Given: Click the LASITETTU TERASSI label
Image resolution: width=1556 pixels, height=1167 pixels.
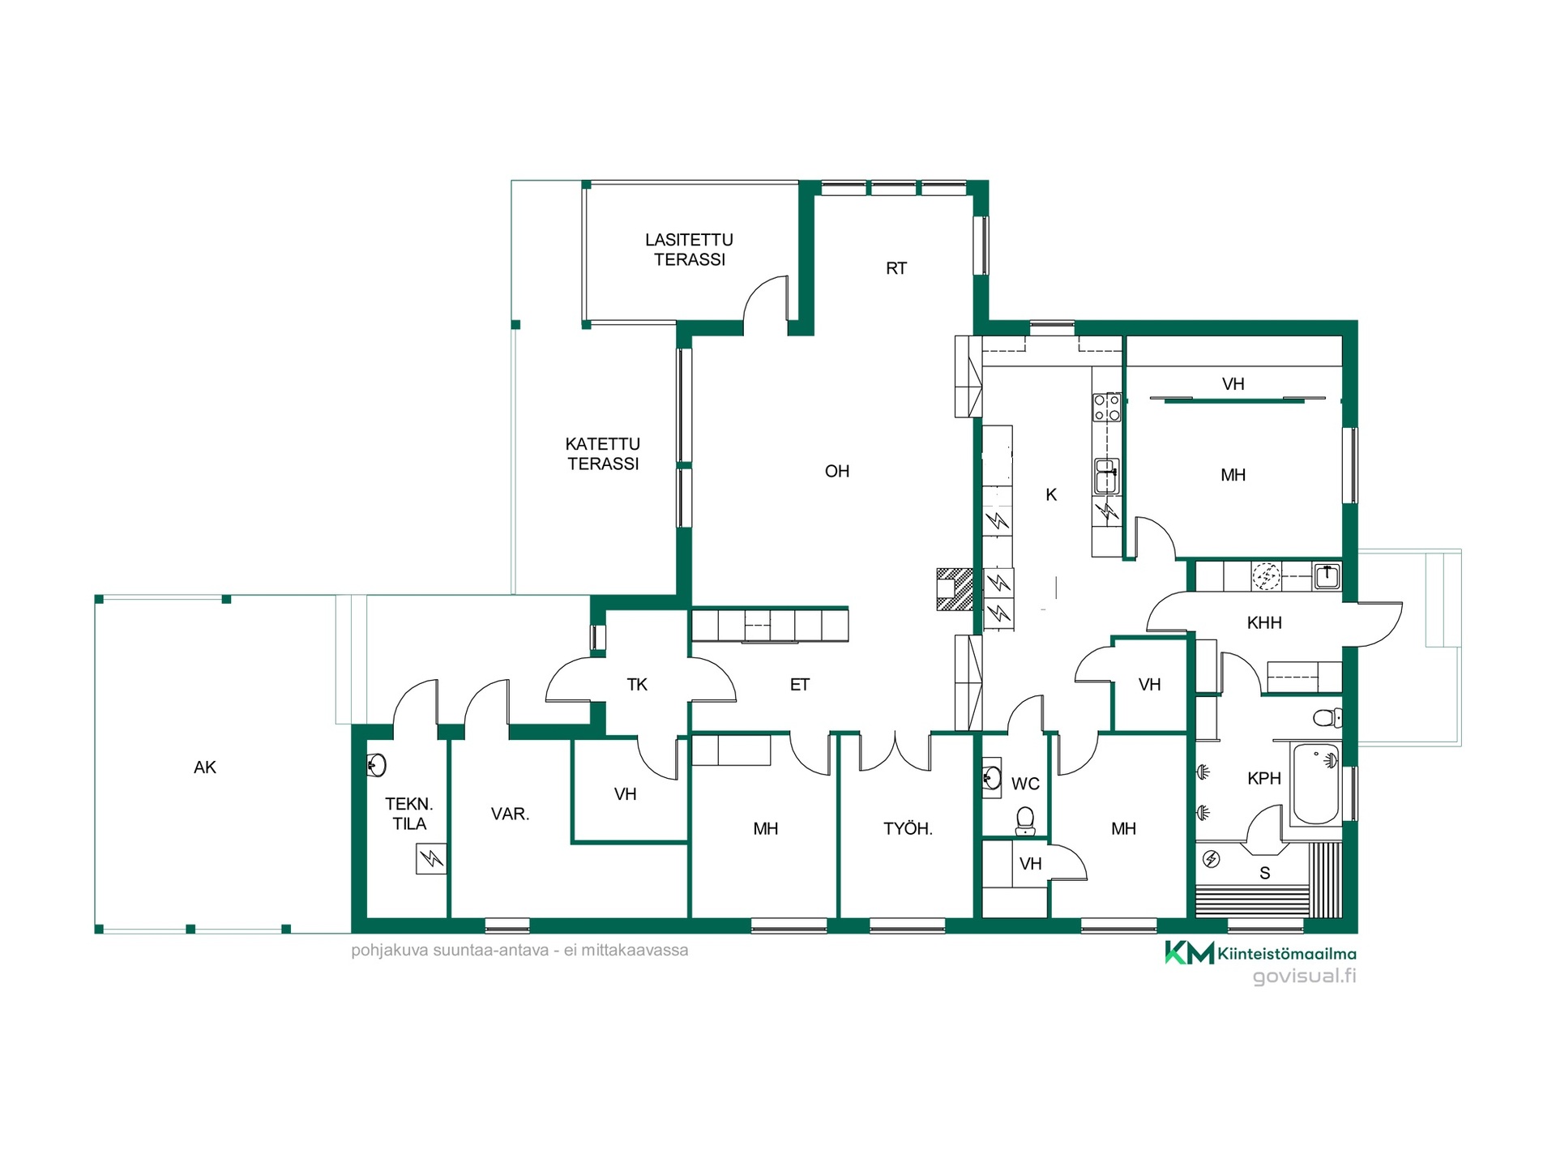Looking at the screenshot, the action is (690, 250).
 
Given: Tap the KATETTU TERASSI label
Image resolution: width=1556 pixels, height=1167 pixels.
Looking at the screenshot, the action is (603, 454).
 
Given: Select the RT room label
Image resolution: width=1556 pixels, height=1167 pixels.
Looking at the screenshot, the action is (896, 268).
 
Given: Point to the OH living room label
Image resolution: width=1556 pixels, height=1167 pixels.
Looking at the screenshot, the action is (837, 471).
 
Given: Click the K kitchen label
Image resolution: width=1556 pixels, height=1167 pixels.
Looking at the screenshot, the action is (1051, 494).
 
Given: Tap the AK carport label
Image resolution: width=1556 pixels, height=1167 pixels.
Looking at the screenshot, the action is (205, 767).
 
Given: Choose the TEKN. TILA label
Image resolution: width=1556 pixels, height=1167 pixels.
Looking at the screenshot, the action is (409, 814).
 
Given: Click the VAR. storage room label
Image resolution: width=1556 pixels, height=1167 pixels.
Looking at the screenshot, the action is (511, 814).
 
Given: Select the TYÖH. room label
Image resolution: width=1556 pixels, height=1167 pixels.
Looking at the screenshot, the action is (908, 828).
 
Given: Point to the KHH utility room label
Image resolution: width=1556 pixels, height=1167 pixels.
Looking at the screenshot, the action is (1264, 622).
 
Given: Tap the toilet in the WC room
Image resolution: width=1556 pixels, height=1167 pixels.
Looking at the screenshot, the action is (1025, 820).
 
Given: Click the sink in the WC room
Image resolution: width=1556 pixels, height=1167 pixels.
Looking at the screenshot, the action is (991, 777).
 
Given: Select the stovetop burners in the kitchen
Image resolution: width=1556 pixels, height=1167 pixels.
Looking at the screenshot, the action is (1107, 408).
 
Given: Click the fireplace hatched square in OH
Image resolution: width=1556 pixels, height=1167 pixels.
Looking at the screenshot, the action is (955, 589).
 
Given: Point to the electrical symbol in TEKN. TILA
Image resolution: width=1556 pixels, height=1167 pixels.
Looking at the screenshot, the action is (432, 859).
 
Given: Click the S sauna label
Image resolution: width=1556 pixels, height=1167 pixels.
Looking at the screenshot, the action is (1265, 873).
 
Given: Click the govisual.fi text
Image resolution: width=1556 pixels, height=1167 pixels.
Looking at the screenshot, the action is (1305, 976).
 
